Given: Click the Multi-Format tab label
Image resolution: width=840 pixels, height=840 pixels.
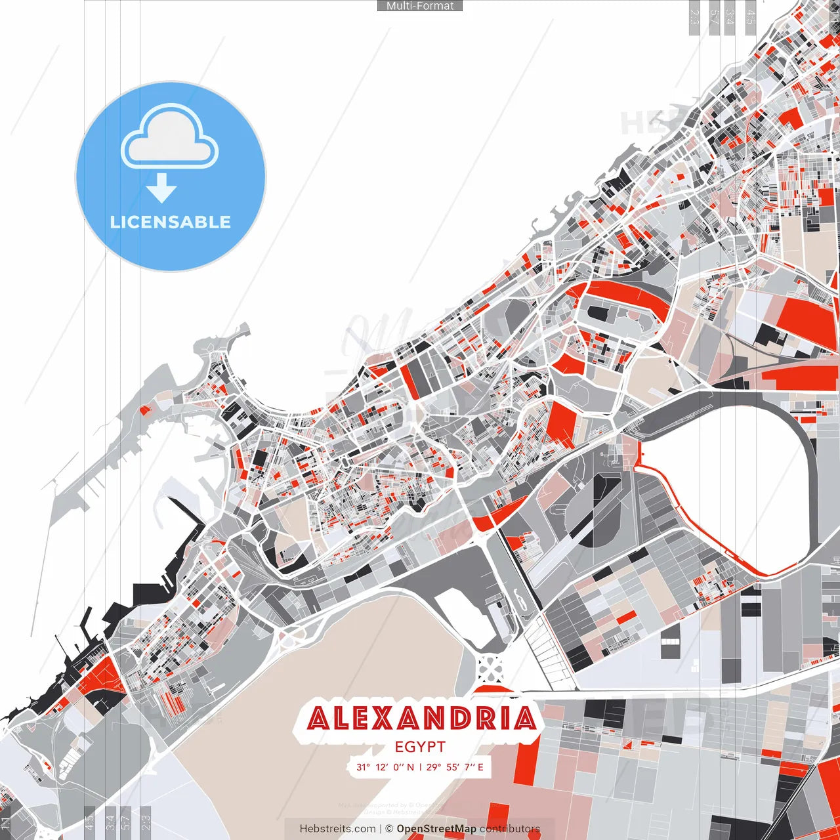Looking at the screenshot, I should pyautogui.click(x=420, y=6).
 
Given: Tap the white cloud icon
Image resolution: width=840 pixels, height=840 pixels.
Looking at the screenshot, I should pyautogui.click(x=170, y=138).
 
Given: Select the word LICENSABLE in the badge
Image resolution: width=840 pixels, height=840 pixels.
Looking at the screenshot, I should pyautogui.click(x=170, y=222).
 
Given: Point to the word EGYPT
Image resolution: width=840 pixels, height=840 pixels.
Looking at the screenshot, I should pyautogui.click(x=420, y=747).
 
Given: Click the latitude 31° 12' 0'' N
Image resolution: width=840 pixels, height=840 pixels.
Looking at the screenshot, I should pyautogui.click(x=385, y=766).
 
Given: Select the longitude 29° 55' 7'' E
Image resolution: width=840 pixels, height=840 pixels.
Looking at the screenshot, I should pyautogui.click(x=455, y=766).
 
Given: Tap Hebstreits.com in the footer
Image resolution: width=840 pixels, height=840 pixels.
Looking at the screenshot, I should pyautogui.click(x=337, y=829).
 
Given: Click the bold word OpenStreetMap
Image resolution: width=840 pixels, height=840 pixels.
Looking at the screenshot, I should pyautogui.click(x=436, y=829).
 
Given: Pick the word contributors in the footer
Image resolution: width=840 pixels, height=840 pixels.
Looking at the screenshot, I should pyautogui.click(x=509, y=829).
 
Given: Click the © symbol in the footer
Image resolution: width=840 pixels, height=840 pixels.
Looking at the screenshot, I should pyautogui.click(x=389, y=829).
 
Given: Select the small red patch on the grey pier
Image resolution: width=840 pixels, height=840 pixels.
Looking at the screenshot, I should pyautogui.click(x=144, y=411).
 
